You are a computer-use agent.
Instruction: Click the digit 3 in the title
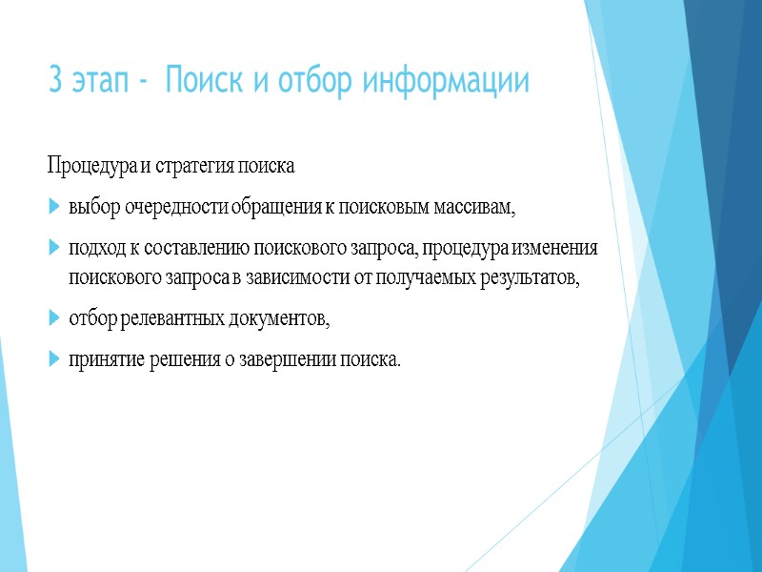pyautogui.click(x=54, y=83)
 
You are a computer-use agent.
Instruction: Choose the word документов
pyautogui.click(x=280, y=320)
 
